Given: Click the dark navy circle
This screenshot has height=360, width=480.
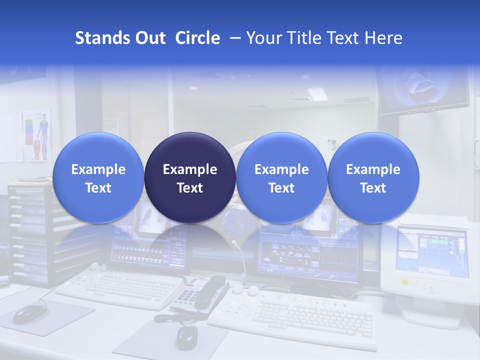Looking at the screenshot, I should [190, 177].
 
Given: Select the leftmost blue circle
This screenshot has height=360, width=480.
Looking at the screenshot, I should [98, 177].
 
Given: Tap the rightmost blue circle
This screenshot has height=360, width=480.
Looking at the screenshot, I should [373, 177].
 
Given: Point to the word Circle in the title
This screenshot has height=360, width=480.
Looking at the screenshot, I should [197, 38].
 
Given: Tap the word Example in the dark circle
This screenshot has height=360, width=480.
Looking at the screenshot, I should [190, 169].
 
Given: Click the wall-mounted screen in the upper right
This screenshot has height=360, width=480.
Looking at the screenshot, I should [422, 90].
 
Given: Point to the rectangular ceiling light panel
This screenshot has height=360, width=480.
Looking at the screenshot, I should [316, 93].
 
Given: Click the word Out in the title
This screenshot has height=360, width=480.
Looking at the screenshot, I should [149, 38].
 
